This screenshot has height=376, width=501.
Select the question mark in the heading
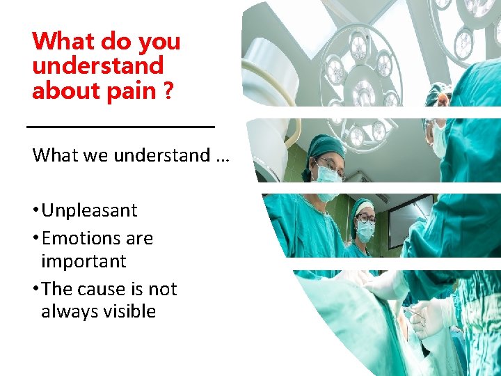tap(168, 91)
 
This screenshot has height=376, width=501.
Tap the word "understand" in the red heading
tap(97, 66)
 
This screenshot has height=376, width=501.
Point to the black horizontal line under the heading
tap(120, 127)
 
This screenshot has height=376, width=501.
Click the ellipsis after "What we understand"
tap(222, 155)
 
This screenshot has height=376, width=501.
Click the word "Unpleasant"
tap(89, 210)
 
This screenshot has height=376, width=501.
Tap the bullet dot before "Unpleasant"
tap(35, 211)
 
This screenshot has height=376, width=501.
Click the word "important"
tap(83, 261)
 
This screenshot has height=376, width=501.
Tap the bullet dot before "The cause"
tap(35, 290)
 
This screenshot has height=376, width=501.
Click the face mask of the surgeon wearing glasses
tap(328, 174)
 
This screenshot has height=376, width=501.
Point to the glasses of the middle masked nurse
tap(365, 218)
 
